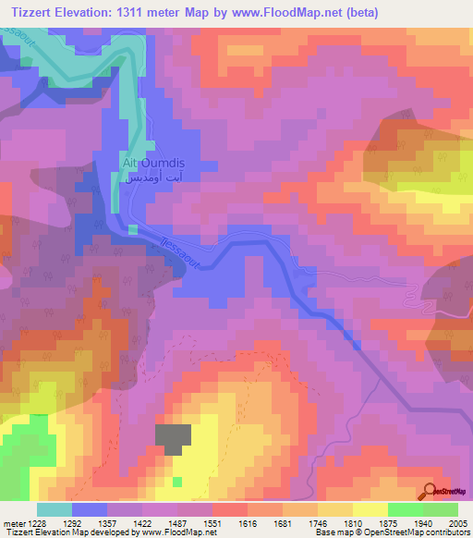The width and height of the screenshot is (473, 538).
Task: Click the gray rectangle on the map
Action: pos(173,439)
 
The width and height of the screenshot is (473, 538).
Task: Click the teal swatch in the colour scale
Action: pos(55,509)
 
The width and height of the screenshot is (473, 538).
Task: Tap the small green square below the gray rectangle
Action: pos(176,482)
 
